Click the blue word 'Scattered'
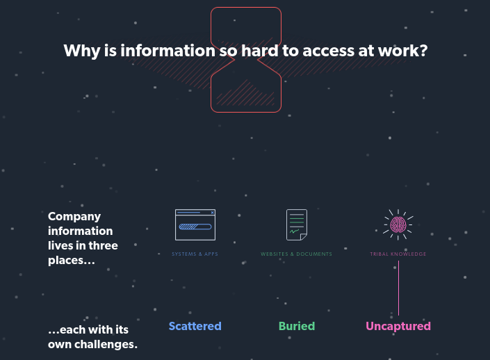[195, 326]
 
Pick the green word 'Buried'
[297, 326]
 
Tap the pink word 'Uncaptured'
[398, 326]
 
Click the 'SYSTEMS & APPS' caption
[195, 254]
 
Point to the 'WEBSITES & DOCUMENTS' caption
[297, 254]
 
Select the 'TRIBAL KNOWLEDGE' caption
[398, 254]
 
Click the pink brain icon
[398, 224]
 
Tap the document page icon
[297, 224]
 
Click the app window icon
[195, 224]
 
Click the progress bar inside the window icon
[195, 227]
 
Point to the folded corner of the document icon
[303, 237]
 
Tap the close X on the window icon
[212, 212]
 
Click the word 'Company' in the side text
[74, 217]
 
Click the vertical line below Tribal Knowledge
[398, 288]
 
